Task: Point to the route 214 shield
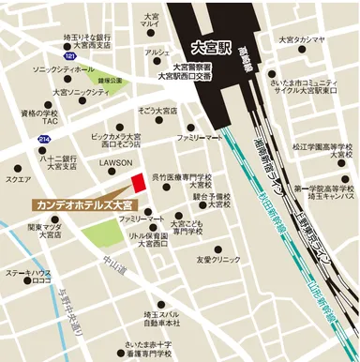click(44, 138)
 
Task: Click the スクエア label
click(18, 178)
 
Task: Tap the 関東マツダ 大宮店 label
click(43, 231)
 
